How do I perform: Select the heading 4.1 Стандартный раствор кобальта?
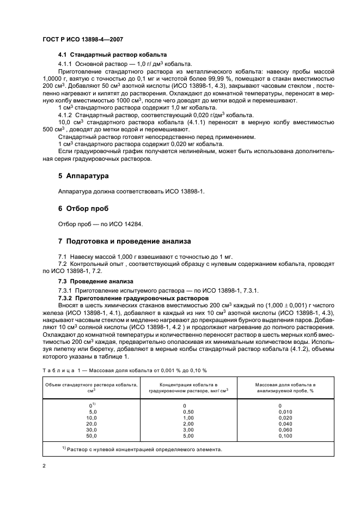click(112, 55)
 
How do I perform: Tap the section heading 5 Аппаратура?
click(83, 177)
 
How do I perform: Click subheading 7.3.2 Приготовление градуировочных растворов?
click(133, 299)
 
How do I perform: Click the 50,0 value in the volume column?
click(91, 436)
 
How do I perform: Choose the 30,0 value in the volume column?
click(91, 430)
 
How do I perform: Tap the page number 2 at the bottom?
click(44, 466)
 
